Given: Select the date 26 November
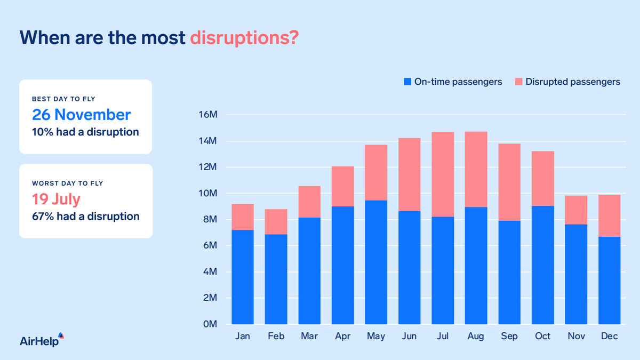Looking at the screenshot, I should point(81,115).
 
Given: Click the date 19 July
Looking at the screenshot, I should point(56,199).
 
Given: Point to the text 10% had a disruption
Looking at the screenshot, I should point(85,132).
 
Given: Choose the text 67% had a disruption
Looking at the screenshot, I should point(85,217).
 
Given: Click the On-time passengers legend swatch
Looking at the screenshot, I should point(407,82).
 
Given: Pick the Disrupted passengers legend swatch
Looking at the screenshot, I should point(518,82).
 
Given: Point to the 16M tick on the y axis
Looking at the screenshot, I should point(207,115).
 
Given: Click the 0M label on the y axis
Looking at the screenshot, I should point(209,324).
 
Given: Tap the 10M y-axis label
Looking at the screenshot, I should point(207,194).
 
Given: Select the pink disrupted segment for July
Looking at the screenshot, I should point(443,174).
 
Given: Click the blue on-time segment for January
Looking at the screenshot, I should point(243,277).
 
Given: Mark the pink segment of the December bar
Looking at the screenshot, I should point(609,216).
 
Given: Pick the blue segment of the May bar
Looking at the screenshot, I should point(376,262).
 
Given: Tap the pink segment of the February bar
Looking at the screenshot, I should point(276,222).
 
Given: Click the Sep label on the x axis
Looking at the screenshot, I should point(509,337).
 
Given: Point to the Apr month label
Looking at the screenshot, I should point(342,337).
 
